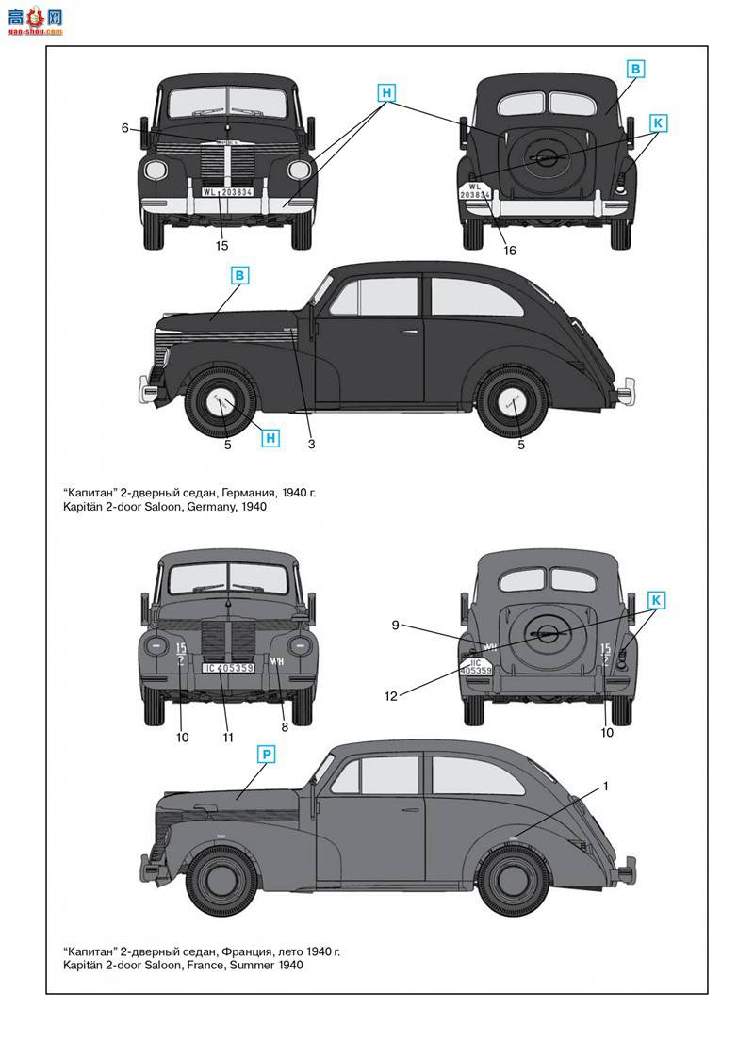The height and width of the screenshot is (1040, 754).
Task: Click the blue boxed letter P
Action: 268,754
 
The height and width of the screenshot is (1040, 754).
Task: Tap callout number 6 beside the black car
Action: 124,128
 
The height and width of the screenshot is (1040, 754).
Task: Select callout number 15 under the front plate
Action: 222,246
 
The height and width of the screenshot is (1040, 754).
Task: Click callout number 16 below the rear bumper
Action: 510,251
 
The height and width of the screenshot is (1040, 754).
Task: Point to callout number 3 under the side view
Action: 311,444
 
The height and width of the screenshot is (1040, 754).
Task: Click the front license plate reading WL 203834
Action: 227,191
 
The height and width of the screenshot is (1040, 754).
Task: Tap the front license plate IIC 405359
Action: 227,668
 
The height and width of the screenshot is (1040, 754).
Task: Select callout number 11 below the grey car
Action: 227,738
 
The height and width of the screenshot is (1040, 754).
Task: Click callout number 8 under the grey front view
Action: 284,727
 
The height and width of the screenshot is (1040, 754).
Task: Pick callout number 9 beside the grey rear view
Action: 397,624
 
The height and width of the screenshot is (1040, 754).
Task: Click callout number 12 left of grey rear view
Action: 390,696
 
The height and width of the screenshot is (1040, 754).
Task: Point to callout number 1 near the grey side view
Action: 606,785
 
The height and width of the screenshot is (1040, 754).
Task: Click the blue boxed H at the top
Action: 386,92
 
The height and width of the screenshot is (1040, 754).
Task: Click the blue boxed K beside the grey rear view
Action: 657,600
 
